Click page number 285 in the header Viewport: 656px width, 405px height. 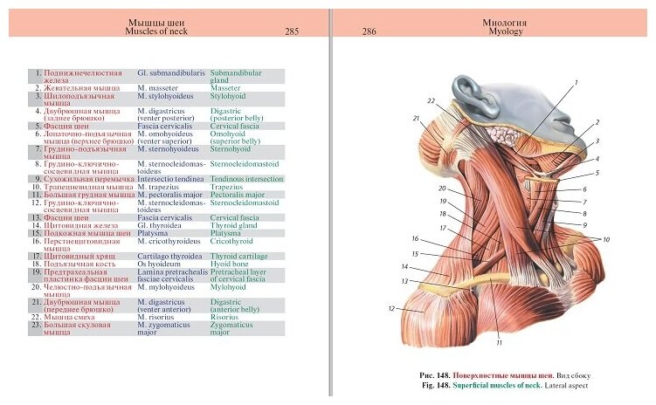pyautogui.click(x=292, y=31)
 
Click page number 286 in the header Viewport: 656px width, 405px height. pyautogui.click(x=369, y=31)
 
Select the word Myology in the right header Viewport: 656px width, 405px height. pyautogui.click(x=506, y=31)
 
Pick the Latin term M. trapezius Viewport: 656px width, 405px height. pyautogui.click(x=163, y=186)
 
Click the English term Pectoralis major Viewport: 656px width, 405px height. pyautogui.click(x=238, y=194)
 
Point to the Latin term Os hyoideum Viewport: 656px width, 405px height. pyautogui.click(x=161, y=262)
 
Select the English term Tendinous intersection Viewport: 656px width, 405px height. pyautogui.click(x=247, y=178)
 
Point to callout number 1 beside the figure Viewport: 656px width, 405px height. pyautogui.click(x=576, y=82)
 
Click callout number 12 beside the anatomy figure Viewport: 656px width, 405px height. pyautogui.click(x=392, y=308)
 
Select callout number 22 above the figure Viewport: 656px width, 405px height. pyautogui.click(x=430, y=100)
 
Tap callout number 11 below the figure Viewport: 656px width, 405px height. pyautogui.click(x=499, y=341)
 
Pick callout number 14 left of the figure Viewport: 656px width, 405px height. pyautogui.click(x=404, y=266)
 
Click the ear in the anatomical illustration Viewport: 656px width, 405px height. pyautogui.click(x=476, y=94)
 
